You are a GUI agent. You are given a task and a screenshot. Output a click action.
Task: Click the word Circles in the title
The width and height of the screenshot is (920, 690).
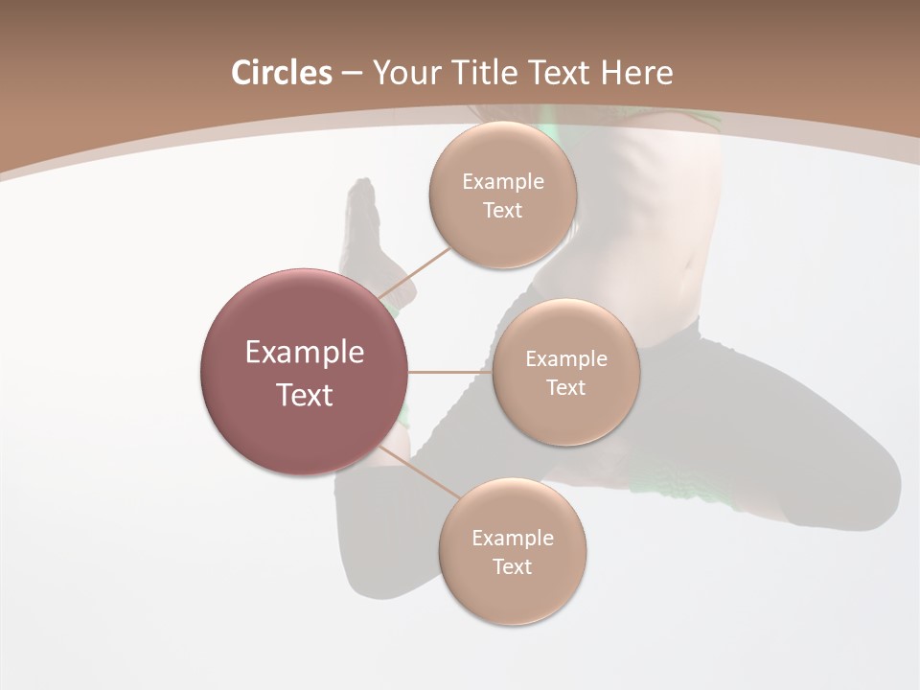coord(281,73)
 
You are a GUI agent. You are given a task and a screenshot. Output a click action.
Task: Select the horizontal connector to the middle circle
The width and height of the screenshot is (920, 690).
coord(449,372)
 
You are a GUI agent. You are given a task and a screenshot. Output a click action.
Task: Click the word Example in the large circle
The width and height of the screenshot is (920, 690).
coord(305,353)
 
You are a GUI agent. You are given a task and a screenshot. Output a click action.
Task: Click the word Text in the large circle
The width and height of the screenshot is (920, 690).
coord(305,395)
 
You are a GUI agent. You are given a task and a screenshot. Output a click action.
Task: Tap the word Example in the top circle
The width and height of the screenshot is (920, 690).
coord(503,182)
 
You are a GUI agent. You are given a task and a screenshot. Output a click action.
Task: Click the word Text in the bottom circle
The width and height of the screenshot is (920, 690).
coord(512,567)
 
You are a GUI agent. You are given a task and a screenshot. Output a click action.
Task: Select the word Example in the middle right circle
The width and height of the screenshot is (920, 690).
coord(566,359)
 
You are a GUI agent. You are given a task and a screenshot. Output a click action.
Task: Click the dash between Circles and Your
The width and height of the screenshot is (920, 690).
coord(352,74)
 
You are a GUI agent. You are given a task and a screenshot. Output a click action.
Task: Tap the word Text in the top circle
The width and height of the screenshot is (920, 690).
coord(502,211)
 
